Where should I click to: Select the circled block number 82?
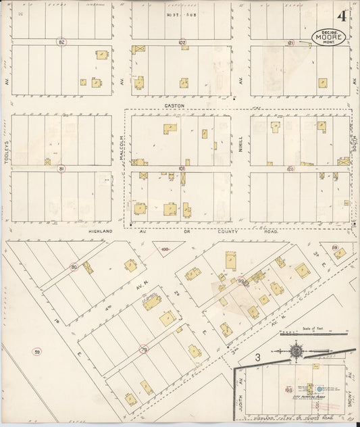point(61,42)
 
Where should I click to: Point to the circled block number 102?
point(182,42)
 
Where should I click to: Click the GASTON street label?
point(174,106)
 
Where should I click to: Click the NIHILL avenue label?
point(240,141)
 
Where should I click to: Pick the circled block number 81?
point(61,168)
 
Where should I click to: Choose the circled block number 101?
point(182,168)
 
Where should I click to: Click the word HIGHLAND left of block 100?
point(101,231)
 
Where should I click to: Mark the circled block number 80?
point(74,267)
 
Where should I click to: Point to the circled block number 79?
point(144,349)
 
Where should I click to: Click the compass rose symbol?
point(296,351)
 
